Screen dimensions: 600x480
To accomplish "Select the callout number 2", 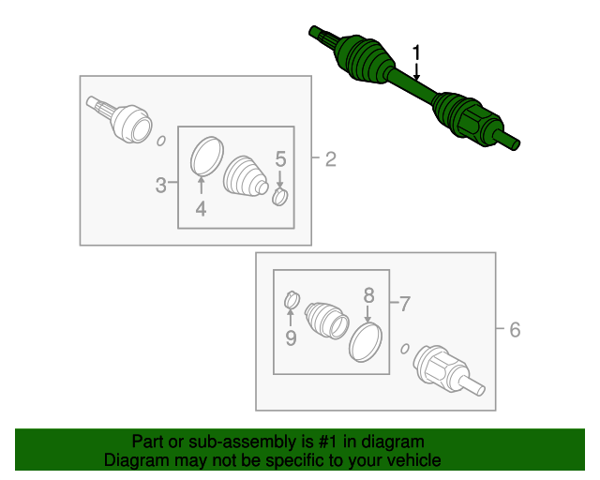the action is [331, 159].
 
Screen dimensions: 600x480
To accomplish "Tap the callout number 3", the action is [161, 186].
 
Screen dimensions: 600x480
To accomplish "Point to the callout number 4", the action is [201, 209].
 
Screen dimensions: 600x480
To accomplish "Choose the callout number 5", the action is [280, 159].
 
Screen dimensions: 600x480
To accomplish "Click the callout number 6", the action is [515, 330].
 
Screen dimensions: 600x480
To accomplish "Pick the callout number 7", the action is [405, 305].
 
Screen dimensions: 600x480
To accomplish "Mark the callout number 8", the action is [368, 295].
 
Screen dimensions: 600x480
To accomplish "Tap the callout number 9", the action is [291, 338].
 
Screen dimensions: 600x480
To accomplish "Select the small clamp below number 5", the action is [280, 196].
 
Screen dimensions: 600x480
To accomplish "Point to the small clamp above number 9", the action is [292, 300].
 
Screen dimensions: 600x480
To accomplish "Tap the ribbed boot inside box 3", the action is [245, 177].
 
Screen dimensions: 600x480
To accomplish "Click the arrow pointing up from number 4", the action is [201, 187].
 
